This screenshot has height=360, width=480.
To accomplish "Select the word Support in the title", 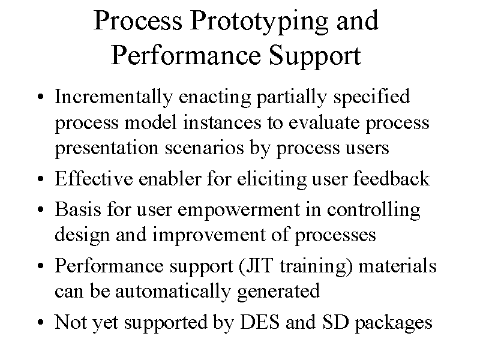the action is coord(315,56).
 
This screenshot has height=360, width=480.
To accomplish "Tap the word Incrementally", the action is coord(113,97).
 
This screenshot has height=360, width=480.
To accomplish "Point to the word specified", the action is coord(371,97).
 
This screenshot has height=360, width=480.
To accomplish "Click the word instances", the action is coord(222,122).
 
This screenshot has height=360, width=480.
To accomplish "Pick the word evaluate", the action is coord(324,122).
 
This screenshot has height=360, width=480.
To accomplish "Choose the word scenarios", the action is coord(204,148).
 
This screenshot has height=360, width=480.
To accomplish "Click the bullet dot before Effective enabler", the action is coord(40,179).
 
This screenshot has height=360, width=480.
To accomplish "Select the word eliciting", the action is coord(272,179).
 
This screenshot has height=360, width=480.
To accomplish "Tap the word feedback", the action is coord(392,178).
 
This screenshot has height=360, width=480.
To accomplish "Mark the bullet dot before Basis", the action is coord(40,210).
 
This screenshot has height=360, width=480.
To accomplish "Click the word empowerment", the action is coord(238,211).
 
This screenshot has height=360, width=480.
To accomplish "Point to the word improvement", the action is coord(208,235).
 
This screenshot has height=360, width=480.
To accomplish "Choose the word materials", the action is coord(397,265).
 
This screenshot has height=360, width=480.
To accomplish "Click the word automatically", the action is coord(173,291).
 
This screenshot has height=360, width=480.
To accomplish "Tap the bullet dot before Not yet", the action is coord(40,323).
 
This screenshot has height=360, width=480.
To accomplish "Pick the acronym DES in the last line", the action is coord(260,322).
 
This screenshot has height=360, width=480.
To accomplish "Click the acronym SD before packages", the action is coord(335,322).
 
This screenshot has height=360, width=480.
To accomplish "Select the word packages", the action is coord(394,323).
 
